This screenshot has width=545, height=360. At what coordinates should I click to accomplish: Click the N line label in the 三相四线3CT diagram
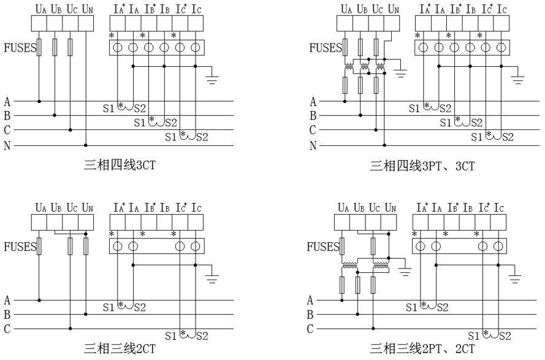6,145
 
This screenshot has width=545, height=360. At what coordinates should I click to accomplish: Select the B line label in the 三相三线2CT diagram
6,315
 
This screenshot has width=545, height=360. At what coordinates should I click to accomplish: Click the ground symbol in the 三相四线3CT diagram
213,80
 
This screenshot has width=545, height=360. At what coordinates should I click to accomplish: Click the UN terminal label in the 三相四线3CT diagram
87,10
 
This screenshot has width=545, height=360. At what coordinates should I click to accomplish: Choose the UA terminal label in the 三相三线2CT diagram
39,209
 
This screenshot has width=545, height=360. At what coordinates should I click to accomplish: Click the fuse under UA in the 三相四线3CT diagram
39,47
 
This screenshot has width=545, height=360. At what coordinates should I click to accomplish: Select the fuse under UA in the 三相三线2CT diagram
39,247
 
